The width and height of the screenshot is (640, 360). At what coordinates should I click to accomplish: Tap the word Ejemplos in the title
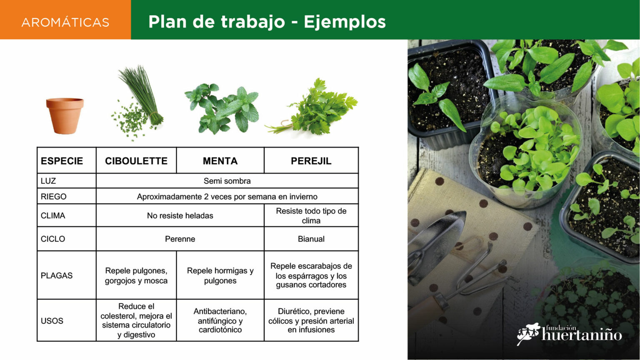tap(345, 22)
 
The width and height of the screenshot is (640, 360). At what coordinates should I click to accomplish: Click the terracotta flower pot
tap(65, 116)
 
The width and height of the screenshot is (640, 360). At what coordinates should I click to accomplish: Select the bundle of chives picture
tap(137, 103)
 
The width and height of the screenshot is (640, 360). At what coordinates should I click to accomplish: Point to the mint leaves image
tap(222, 109)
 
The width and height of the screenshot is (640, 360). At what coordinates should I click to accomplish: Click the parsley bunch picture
tap(311, 107)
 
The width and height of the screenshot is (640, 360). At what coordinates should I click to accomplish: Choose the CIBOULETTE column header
tap(136, 161)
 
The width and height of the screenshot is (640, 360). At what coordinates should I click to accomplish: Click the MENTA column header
tap(220, 161)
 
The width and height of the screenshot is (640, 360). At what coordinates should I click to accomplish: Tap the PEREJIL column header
tap(311, 161)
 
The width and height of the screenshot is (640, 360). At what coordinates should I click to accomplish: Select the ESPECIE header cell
tap(67, 161)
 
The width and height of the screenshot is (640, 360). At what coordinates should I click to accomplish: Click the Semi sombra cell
tap(227, 181)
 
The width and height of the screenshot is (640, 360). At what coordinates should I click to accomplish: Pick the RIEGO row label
tap(53, 197)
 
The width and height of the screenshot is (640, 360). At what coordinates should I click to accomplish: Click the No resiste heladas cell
tap(180, 215)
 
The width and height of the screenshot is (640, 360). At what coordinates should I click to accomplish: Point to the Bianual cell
tap(311, 239)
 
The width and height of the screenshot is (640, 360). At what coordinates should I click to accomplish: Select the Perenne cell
tap(180, 239)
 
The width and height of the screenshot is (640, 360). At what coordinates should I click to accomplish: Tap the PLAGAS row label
tap(57, 275)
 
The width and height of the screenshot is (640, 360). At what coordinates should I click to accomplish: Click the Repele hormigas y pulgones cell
tap(220, 275)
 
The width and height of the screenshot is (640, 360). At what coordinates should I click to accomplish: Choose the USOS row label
tap(52, 320)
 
